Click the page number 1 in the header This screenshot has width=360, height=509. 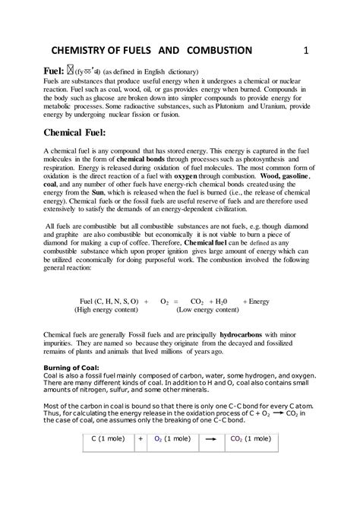tap(306, 51)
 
